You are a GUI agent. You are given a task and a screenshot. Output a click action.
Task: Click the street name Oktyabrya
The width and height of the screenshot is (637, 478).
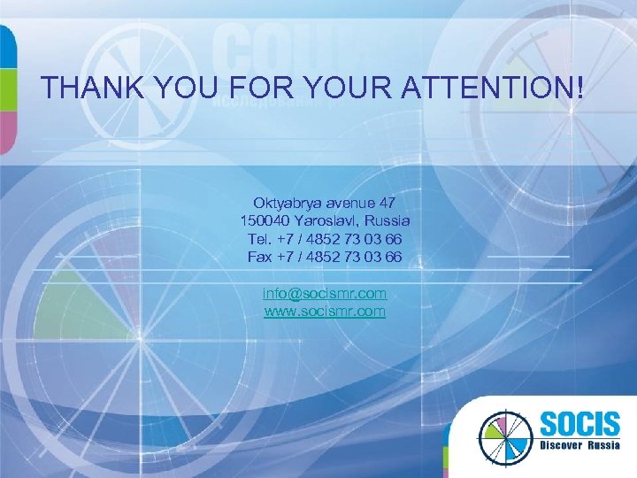point(286,203)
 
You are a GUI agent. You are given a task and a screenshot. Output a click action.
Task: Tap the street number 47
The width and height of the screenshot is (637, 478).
point(386,203)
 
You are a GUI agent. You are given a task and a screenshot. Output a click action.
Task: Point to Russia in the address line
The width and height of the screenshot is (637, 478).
point(389,220)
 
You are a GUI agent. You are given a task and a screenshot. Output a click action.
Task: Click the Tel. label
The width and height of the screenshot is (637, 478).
point(260,239)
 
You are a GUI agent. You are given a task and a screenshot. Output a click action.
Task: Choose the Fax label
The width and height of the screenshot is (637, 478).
point(260,257)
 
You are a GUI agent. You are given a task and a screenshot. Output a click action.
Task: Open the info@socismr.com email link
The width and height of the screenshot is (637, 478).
point(325,293)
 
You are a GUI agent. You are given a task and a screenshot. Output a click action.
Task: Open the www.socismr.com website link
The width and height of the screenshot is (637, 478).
point(325,312)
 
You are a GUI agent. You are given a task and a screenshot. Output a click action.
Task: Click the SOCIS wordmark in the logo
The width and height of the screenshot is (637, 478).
point(575,423)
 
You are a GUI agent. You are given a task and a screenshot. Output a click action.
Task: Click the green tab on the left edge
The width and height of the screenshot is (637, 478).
point(7,88)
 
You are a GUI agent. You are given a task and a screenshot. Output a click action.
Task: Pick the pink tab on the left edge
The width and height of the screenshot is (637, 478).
point(7,134)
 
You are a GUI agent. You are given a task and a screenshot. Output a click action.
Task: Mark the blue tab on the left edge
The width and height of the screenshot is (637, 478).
point(7,44)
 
